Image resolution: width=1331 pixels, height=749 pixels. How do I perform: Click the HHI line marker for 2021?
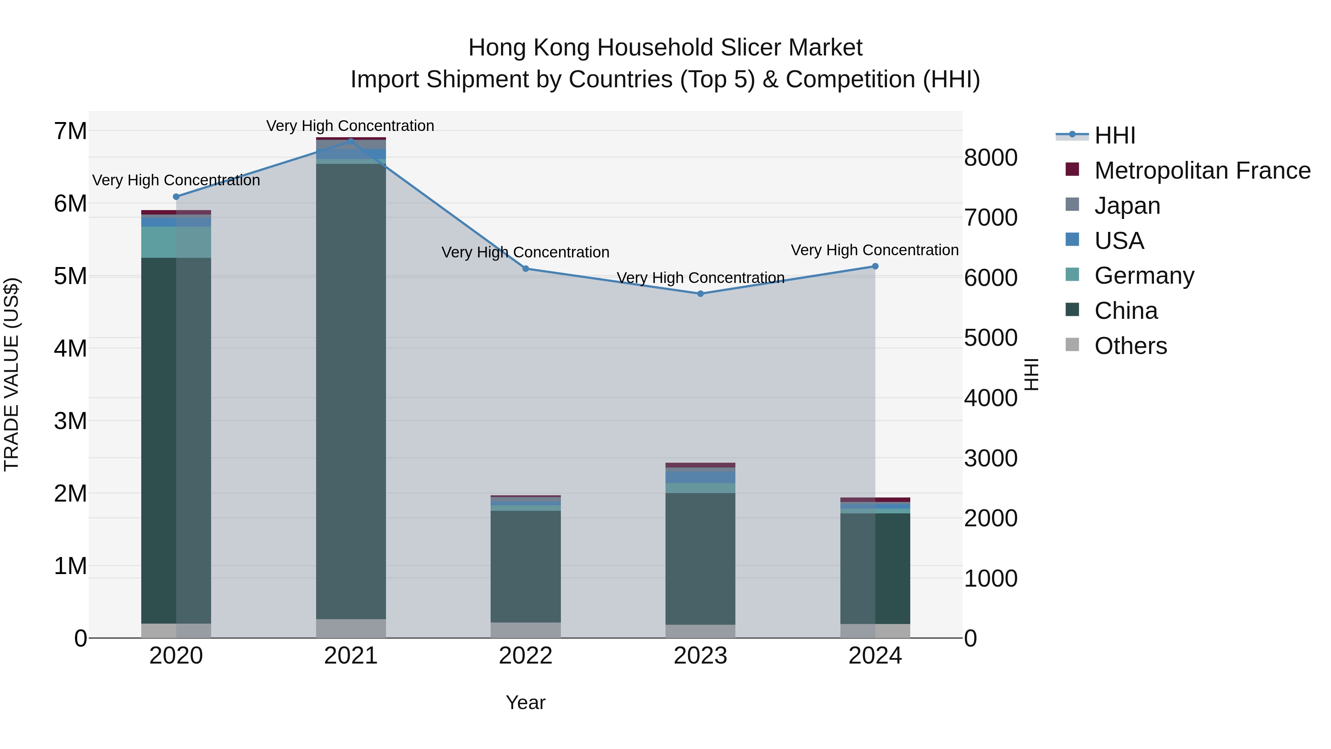(351, 141)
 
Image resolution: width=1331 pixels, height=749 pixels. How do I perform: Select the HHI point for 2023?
(701, 294)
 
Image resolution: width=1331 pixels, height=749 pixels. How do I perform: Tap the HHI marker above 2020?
(176, 197)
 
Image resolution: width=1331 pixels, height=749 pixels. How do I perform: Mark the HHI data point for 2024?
(875, 267)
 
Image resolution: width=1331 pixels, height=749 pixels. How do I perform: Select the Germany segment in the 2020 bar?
(176, 242)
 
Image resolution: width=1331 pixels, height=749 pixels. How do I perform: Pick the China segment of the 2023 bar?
(701, 558)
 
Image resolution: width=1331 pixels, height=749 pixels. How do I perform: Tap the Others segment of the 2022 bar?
(525, 630)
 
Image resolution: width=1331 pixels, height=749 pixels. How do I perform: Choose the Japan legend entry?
(1127, 206)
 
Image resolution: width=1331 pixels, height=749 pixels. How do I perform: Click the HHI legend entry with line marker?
(1072, 135)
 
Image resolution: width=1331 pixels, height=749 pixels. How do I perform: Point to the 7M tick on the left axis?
(71, 131)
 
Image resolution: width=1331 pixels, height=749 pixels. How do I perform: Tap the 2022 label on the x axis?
(525, 656)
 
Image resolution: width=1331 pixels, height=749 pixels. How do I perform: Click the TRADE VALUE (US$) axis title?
(11, 374)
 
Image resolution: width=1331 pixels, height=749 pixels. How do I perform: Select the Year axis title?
(525, 702)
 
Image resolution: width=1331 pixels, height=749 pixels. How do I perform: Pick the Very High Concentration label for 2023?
(701, 278)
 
